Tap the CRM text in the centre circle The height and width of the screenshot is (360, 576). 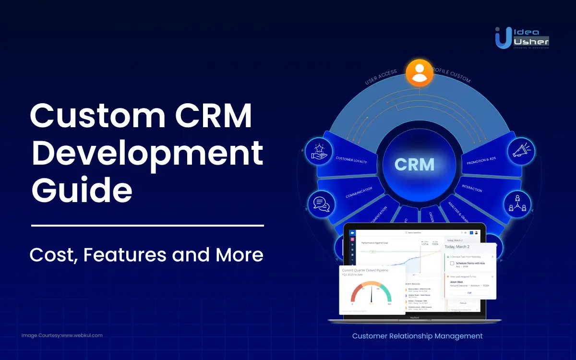[414, 164]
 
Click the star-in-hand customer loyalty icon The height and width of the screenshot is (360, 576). [318, 150]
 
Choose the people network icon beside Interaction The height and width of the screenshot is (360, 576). [517, 203]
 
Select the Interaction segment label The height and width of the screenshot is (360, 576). [472, 188]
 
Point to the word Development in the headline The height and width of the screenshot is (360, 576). [146, 153]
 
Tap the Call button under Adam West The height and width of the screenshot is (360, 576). [469, 292]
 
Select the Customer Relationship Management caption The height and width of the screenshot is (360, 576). [417, 336]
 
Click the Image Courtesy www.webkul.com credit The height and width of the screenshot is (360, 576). [62, 335]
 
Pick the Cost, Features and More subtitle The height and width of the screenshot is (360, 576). [146, 254]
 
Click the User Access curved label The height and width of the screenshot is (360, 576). [381, 77]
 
